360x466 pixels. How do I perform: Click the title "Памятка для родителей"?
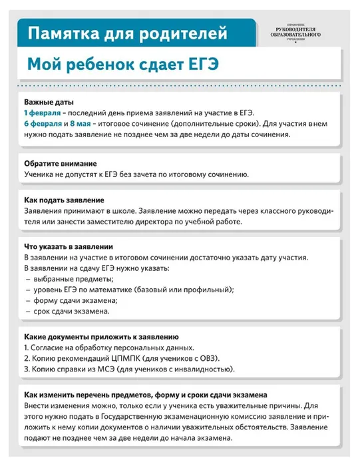(122, 33)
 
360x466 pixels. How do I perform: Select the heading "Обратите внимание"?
(61, 164)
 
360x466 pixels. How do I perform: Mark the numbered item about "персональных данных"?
(110, 348)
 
